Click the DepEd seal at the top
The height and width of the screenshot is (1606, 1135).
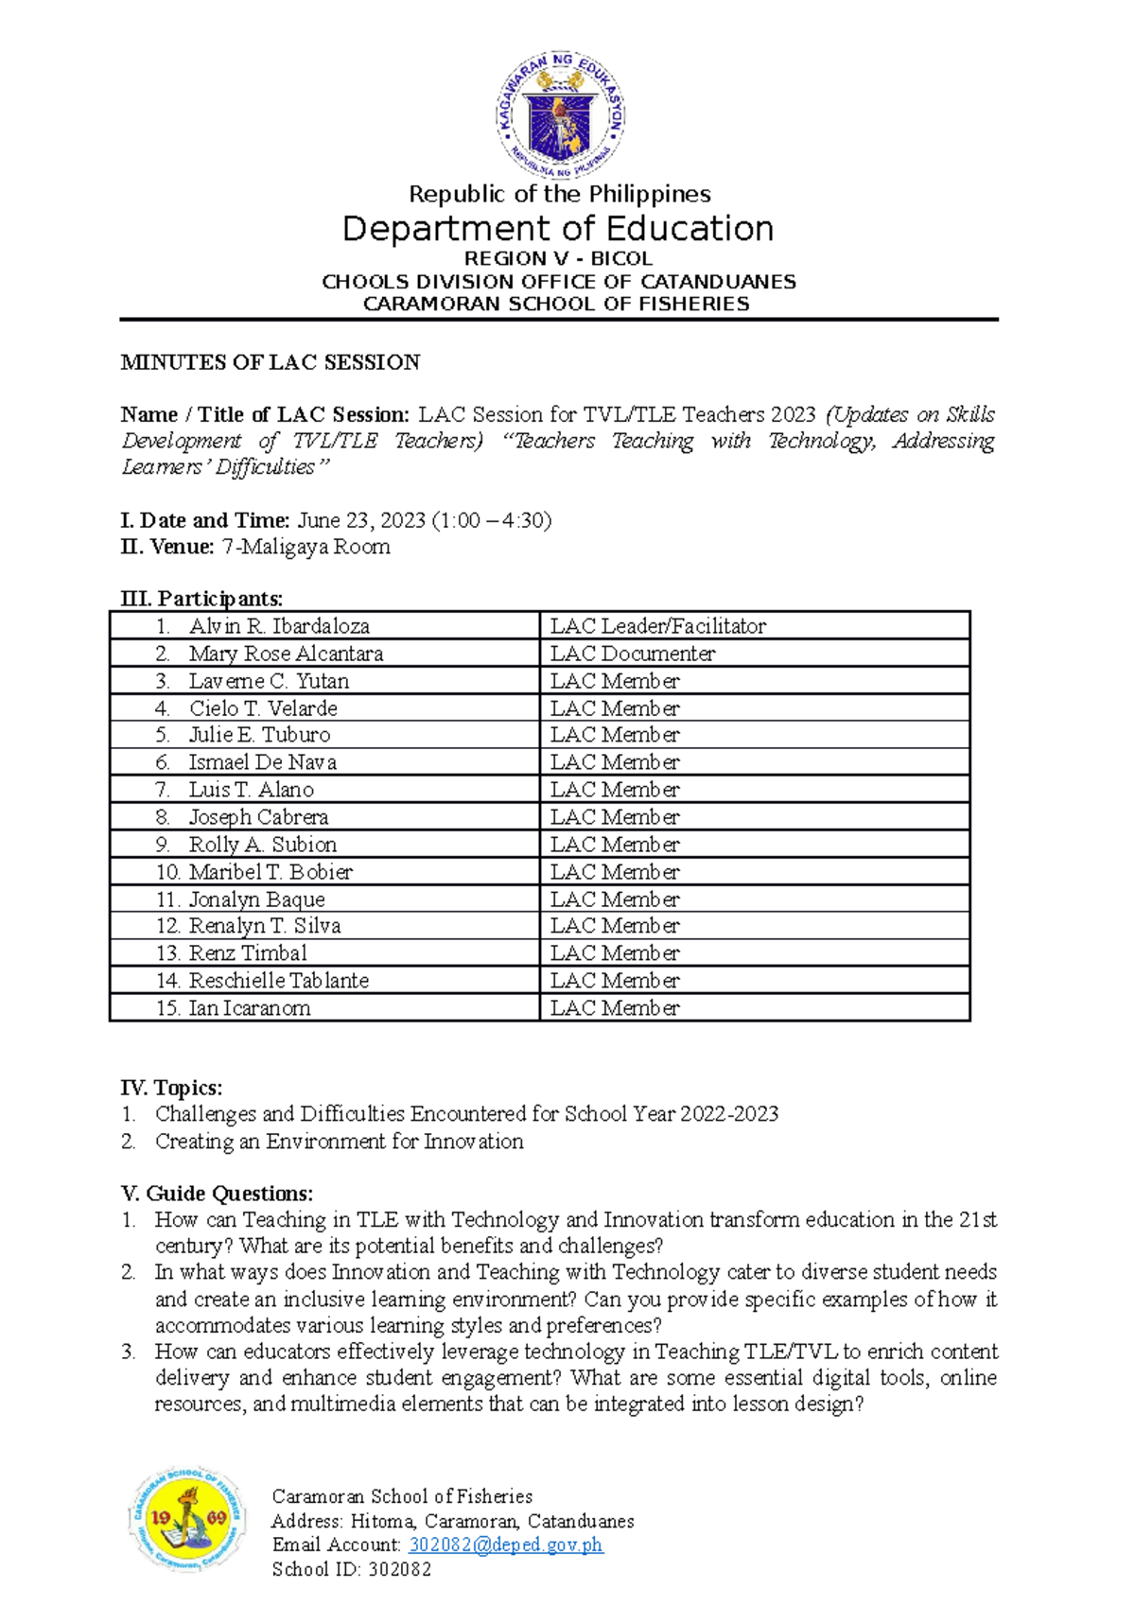[x=559, y=115]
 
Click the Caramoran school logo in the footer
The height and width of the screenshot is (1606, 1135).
[x=186, y=1520]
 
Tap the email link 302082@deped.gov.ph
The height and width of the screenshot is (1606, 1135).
[x=505, y=1545]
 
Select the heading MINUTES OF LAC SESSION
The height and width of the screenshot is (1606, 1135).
[x=271, y=362]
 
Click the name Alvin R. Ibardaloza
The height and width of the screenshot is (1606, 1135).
[x=278, y=626]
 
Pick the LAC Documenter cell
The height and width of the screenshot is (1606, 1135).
[x=632, y=654]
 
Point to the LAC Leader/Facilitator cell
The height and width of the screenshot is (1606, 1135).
[x=657, y=626]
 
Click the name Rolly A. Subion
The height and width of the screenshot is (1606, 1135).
[x=262, y=845]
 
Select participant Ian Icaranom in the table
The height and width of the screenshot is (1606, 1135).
[x=249, y=1008]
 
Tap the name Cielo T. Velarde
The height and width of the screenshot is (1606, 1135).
[x=262, y=708]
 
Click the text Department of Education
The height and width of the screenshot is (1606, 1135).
[x=558, y=229]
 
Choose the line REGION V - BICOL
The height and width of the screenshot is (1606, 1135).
[x=558, y=258]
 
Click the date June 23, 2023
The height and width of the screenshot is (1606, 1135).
[x=362, y=520]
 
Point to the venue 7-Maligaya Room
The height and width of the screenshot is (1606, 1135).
[x=306, y=547]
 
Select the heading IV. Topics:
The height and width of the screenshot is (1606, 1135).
[x=171, y=1088]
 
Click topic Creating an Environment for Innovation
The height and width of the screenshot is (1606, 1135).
[x=339, y=1142]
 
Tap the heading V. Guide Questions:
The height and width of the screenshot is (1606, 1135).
[x=217, y=1194]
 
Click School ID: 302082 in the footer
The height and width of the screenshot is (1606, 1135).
[x=351, y=1569]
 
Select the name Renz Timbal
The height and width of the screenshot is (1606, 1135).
[x=247, y=953]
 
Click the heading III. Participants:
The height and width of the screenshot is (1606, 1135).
[x=201, y=599]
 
